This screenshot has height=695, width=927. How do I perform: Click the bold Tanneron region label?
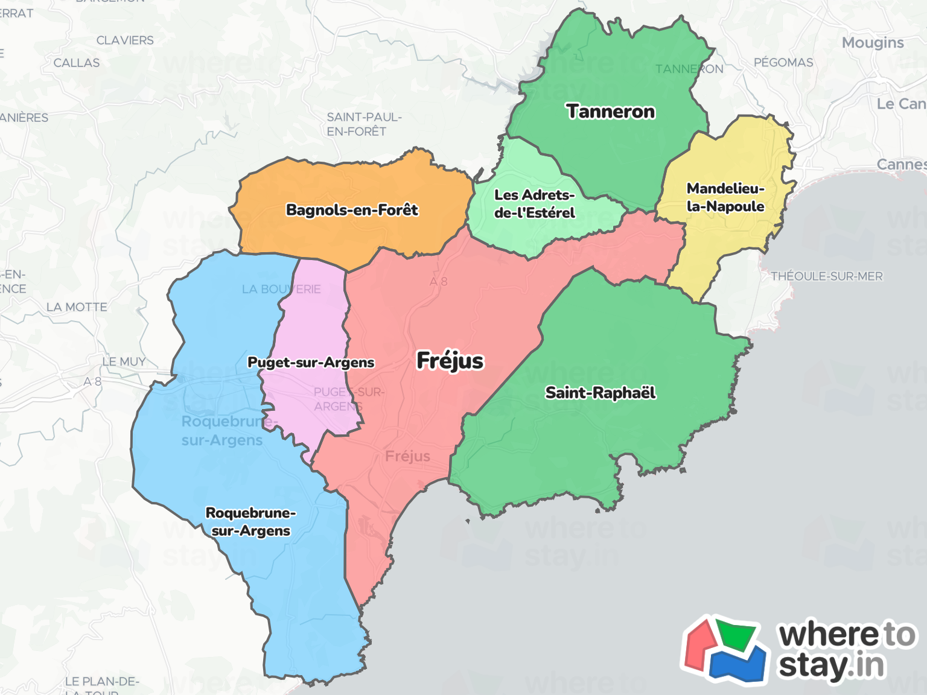pyautogui.click(x=610, y=112)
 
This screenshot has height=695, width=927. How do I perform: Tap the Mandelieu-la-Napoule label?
pyautogui.click(x=725, y=197)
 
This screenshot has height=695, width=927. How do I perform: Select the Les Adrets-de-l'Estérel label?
pyautogui.click(x=534, y=204)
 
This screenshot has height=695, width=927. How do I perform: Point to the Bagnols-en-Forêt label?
pyautogui.click(x=352, y=210)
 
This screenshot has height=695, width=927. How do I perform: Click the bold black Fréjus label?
pyautogui.click(x=450, y=361)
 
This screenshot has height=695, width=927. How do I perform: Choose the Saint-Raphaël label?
pyautogui.click(x=600, y=393)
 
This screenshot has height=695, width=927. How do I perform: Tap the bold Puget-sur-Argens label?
pyautogui.click(x=311, y=363)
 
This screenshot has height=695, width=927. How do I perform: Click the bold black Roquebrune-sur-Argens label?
pyautogui.click(x=250, y=522)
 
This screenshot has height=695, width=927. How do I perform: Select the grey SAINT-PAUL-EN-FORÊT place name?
pyautogui.click(x=364, y=124)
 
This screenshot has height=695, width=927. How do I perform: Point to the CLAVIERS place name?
pyautogui.click(x=125, y=40)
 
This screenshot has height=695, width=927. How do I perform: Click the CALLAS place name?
pyautogui.click(x=77, y=63)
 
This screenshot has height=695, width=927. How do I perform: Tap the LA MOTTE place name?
pyautogui.click(x=77, y=307)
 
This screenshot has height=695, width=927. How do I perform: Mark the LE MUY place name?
pyautogui.click(x=124, y=362)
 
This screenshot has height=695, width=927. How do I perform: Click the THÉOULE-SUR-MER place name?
pyautogui.click(x=826, y=276)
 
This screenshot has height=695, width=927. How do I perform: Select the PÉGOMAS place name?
pyautogui.click(x=783, y=63)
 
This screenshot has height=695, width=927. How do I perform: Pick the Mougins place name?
pyautogui.click(x=873, y=43)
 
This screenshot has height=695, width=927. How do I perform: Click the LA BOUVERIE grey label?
pyautogui.click(x=281, y=290)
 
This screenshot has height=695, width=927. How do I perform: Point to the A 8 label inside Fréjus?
pyautogui.click(x=439, y=282)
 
